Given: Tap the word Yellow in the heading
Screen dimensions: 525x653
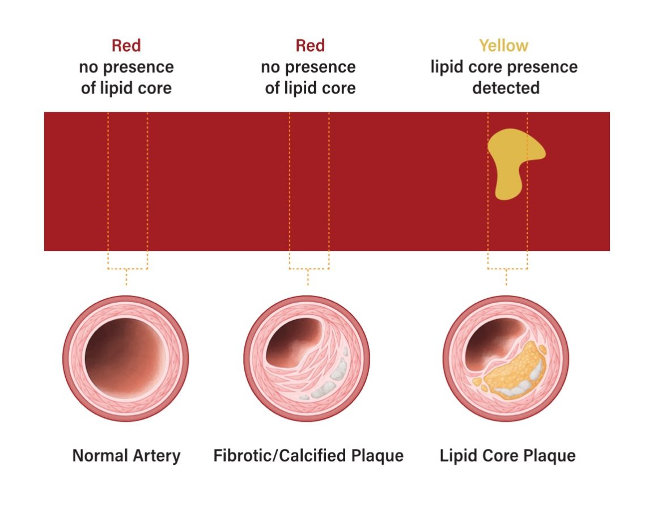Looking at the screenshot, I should pos(503,45).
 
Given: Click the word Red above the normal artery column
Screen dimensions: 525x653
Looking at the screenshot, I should pos(126,45).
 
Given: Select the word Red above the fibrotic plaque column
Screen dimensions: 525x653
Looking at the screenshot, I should pos(310,45).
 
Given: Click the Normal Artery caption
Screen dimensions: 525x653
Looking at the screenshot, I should pos(126,455).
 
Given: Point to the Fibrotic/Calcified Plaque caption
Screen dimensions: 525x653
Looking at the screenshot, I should pos(308,455).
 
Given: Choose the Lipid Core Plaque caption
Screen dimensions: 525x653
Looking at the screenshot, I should pos(507,455).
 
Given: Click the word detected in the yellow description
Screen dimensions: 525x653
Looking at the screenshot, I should pos(506,88).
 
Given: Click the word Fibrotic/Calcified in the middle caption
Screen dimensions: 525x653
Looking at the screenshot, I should pos(278,455).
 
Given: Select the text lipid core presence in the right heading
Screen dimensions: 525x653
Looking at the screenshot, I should pos(503,67).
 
